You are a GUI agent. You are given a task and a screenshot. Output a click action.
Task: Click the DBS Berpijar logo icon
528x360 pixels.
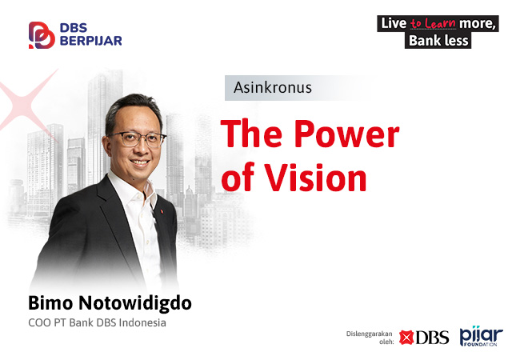click(42, 35)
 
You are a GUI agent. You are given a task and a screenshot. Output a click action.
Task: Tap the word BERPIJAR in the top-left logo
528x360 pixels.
click(90, 41)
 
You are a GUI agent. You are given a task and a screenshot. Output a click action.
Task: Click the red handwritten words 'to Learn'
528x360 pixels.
click(433, 23)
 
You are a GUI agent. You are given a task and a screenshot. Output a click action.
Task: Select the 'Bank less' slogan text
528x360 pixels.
click(438, 41)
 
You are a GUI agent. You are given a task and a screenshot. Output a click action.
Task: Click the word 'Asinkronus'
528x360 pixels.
click(273, 87)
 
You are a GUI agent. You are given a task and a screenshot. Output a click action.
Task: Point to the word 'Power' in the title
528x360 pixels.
click(347, 134)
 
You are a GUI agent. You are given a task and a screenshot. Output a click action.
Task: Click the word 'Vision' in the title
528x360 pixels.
click(315, 178)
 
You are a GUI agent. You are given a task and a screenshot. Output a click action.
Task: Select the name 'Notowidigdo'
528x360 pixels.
click(135, 302)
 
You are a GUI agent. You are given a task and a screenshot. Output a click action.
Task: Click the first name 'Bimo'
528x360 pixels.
click(50, 302)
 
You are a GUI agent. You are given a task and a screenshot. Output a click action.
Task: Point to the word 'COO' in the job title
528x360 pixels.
click(38, 322)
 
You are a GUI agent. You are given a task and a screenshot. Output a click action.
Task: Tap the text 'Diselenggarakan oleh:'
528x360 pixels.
click(370, 338)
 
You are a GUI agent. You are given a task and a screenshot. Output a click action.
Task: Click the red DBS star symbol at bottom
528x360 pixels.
click(406, 338)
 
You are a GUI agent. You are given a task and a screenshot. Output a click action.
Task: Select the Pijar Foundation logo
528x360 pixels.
click(482, 336)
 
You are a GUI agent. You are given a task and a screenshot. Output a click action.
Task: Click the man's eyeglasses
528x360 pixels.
click(138, 138)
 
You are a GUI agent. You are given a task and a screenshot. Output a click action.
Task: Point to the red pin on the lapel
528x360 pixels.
click(162, 211)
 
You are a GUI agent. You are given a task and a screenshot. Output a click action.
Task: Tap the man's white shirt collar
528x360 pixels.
click(133, 187)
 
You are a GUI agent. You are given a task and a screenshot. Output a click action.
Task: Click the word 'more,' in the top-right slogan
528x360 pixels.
click(478, 23)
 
